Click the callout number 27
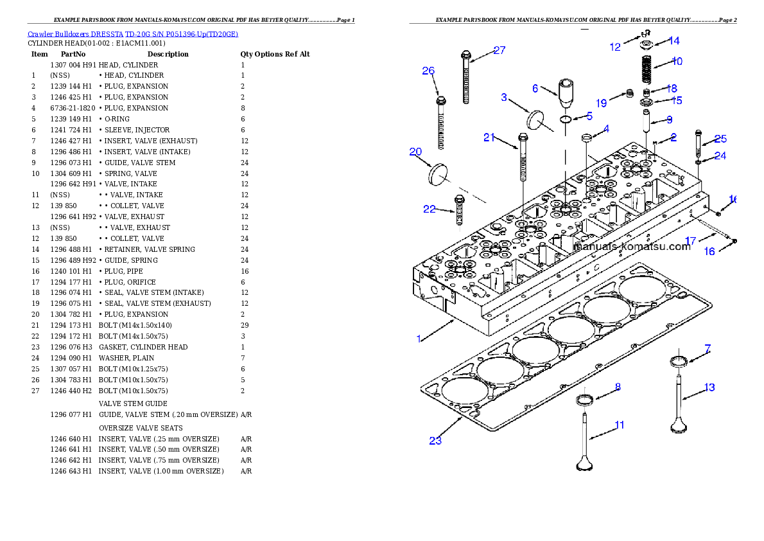click(499, 50)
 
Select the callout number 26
click(428, 71)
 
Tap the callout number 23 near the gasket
click(435, 440)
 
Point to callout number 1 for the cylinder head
click(419, 339)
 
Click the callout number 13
click(709, 387)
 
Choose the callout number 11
click(619, 425)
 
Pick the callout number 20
click(415, 152)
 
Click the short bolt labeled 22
click(460, 210)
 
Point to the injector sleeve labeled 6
click(566, 93)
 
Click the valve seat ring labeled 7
click(679, 361)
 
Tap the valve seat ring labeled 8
click(584, 401)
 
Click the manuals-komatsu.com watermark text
click(632, 247)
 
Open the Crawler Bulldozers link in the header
click(133, 34)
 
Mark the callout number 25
click(720, 139)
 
